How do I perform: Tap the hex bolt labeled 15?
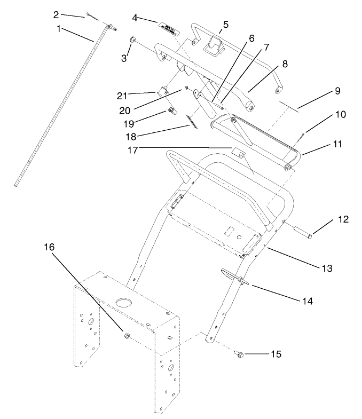click(239, 353)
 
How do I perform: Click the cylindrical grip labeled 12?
click(303, 232)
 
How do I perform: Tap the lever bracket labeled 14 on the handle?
click(235, 276)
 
